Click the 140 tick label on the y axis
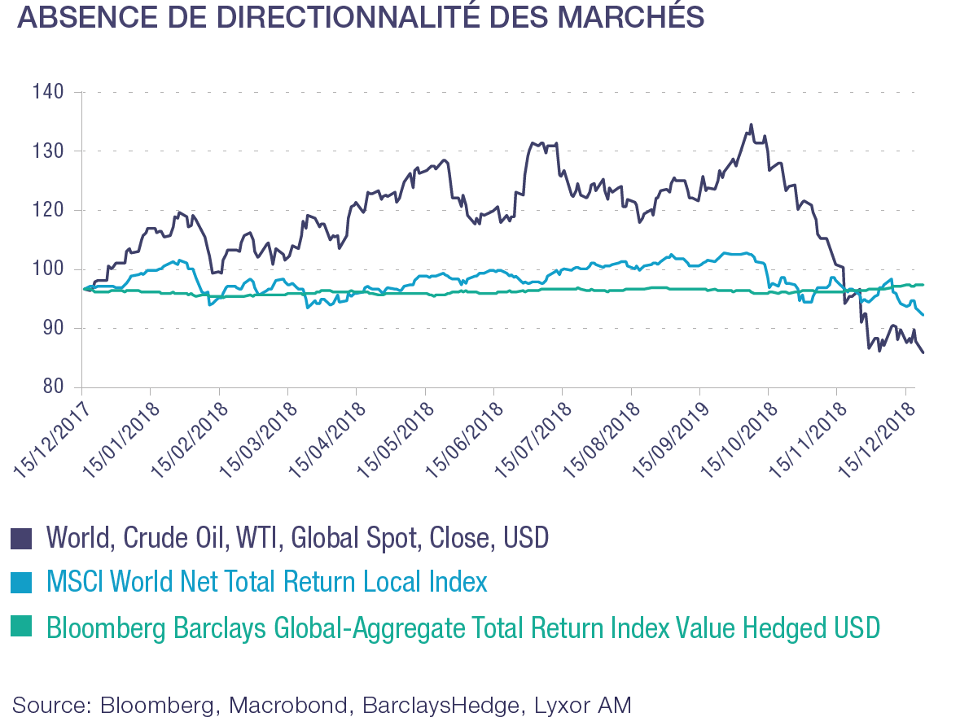tap(48, 92)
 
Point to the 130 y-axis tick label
tap(48, 151)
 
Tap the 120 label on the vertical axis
tap(48, 211)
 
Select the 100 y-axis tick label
tap(48, 270)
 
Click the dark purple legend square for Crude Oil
tap(21, 539)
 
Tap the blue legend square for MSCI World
tap(21, 583)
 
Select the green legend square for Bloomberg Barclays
tap(21, 627)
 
